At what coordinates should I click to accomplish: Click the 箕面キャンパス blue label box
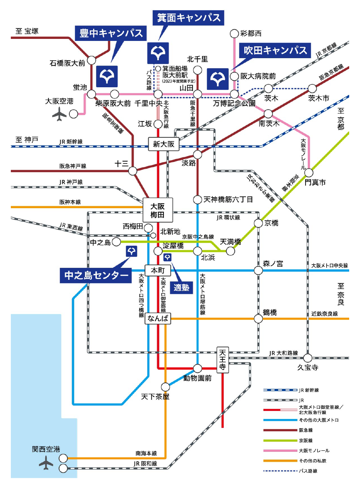tap(188, 18)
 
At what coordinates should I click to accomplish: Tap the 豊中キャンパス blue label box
tap(111, 33)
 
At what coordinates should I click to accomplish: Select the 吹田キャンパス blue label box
tap(275, 50)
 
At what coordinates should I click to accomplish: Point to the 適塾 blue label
tap(181, 287)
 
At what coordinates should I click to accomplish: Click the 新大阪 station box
tap(163, 144)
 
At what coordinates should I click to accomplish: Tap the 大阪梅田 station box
tap(157, 210)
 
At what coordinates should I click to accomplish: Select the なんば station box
tap(158, 318)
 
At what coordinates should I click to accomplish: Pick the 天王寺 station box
tap(222, 360)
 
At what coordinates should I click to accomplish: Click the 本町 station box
tap(158, 271)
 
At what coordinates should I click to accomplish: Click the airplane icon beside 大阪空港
tap(60, 114)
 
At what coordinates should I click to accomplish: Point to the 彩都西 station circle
tap(234, 33)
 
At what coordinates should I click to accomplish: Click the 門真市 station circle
tap(309, 173)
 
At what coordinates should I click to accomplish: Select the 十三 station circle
tap(133, 171)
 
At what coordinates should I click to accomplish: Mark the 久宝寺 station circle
tap(308, 358)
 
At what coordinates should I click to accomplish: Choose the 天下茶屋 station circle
tap(165, 387)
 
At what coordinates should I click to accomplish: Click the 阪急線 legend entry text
tap(306, 430)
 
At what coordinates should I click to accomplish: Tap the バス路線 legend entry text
tap(308, 471)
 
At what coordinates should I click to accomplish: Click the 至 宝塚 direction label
tap(27, 31)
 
